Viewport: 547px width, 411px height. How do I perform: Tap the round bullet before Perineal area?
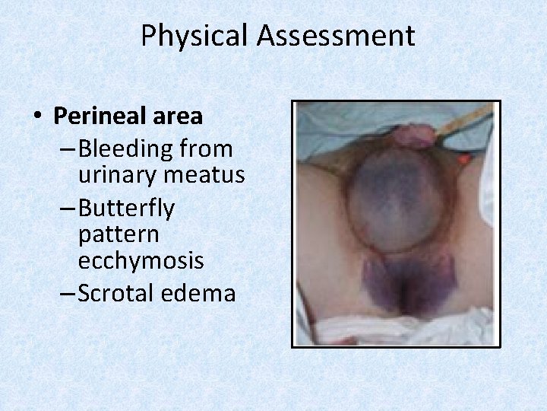(36, 116)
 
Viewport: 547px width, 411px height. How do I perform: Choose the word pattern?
(115, 234)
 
